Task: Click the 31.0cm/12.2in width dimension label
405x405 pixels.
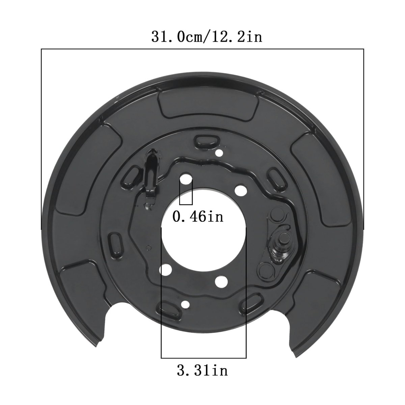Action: pos(207,37)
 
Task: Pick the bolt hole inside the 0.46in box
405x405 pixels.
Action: pos(186,179)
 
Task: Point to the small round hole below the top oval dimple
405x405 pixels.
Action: pos(219,153)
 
